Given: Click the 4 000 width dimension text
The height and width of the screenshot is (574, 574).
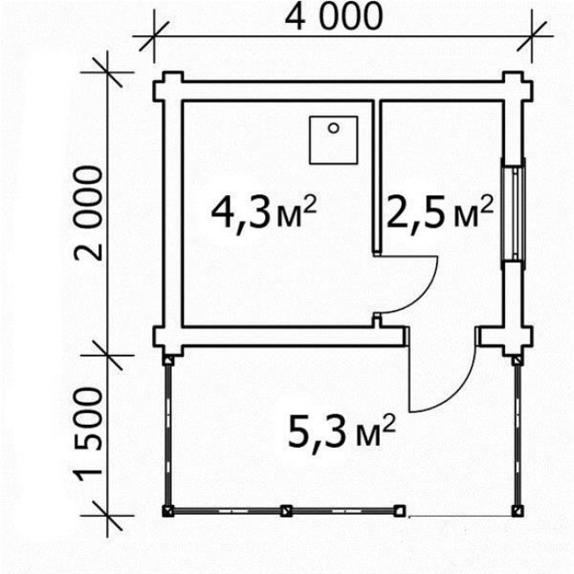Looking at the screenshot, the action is pos(334,16).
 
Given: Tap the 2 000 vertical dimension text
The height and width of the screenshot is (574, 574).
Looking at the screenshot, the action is pos(88,213).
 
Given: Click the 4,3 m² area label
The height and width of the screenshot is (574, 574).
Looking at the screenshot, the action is pos(263,213).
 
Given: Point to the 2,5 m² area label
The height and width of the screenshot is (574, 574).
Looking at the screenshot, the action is pos(439,213).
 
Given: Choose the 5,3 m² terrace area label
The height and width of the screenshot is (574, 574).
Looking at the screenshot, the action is pos(342,433).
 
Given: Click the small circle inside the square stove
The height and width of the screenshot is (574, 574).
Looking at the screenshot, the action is pos(333,128).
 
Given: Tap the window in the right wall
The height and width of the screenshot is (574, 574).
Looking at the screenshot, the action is pos(514,214).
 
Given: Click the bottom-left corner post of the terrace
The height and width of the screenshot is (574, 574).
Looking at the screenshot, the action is pos(168,511).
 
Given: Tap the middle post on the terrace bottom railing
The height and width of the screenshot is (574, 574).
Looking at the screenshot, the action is pos(286,510).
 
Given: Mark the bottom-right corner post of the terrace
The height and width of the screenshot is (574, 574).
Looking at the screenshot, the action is pos(517,511).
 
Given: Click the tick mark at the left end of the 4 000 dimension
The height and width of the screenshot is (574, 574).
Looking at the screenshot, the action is pos(155,36).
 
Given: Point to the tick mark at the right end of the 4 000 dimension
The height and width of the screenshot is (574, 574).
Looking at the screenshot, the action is pos(532,36).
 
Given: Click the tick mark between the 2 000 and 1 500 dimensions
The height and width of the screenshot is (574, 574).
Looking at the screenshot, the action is pos(107,355).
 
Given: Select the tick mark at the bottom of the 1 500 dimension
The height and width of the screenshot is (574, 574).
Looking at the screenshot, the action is pos(107,516).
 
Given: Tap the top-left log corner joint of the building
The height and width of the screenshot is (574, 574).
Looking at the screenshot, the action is pos(168,87).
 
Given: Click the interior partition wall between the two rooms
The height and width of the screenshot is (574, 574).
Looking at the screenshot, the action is pos(377,177).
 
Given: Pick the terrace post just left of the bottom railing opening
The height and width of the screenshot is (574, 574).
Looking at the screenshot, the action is pos(400,510).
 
